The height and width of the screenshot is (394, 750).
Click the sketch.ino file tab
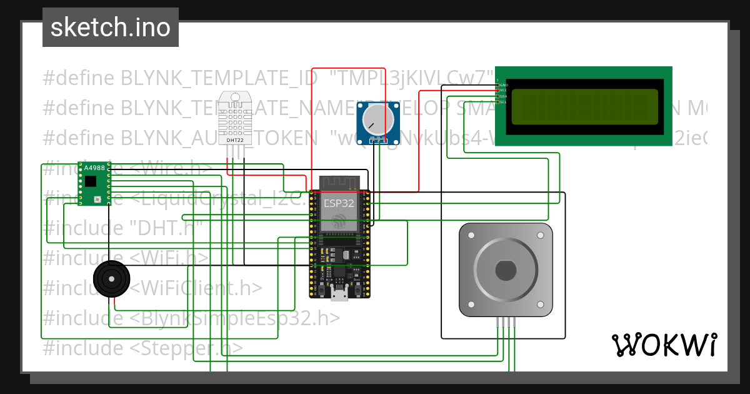pos(110,28)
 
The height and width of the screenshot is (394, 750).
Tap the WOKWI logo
pos(664,345)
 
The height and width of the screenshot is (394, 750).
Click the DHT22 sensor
pos(236,117)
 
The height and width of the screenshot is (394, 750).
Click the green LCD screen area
pos(584,107)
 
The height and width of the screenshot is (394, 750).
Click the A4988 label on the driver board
pos(94,168)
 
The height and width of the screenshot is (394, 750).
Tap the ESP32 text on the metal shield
pos(339,203)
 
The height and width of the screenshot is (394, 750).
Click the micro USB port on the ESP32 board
pos(339,295)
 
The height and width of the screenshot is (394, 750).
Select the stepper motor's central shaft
pos(506,270)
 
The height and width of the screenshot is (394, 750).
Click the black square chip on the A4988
pos(91,181)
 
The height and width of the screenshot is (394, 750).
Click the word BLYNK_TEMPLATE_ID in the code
pos(221,78)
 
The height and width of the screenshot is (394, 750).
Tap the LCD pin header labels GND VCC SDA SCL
pos(502,93)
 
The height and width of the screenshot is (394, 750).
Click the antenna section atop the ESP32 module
pos(339,183)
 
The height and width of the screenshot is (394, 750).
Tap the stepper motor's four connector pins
pos(506,322)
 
